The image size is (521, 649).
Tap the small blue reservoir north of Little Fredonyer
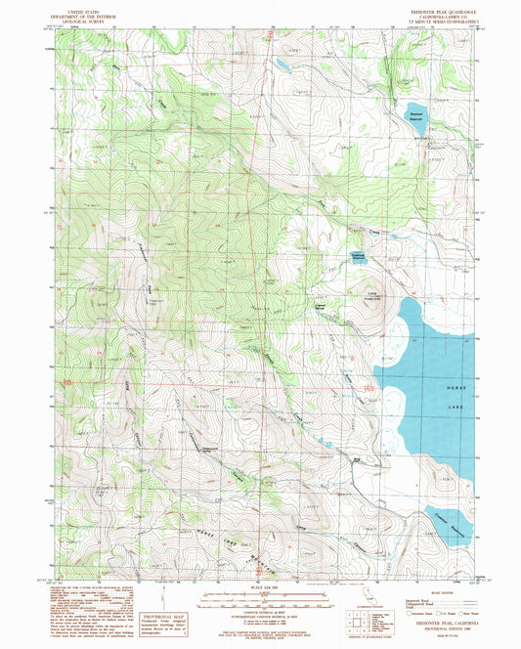coord(360,258)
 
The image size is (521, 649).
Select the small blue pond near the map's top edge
coord(282,66)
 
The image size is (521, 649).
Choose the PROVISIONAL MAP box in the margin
coord(168,611)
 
